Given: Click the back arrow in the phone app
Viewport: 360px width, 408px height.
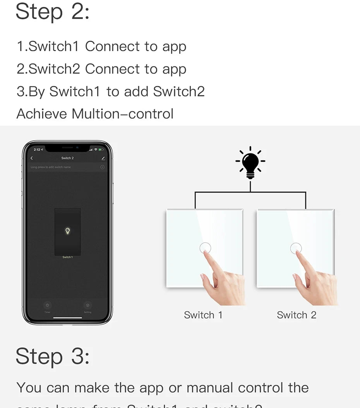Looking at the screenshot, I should click(x=32, y=158).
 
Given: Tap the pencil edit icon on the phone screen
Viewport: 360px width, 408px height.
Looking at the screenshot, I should click(x=103, y=158).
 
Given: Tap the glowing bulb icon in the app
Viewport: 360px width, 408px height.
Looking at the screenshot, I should click(x=67, y=231).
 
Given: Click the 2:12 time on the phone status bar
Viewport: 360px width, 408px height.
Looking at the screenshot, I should click(x=37, y=150).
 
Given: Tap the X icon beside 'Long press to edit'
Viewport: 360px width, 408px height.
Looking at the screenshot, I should click(x=102, y=167).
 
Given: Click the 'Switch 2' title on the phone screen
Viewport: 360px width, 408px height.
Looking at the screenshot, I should click(x=67, y=158).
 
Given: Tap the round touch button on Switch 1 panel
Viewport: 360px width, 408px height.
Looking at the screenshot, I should click(x=205, y=248).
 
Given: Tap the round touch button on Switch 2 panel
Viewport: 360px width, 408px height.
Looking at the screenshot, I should click(x=296, y=248).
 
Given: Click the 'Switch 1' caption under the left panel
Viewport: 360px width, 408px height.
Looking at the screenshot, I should click(x=203, y=315).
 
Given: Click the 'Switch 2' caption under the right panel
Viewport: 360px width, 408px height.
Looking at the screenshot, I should click(x=297, y=315).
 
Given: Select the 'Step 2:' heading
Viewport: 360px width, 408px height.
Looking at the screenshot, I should click(x=53, y=12).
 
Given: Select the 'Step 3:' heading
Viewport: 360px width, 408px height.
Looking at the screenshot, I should click(x=53, y=356).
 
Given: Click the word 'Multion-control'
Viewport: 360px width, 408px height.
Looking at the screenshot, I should click(x=122, y=114).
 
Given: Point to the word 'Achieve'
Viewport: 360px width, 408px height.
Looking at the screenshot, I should click(x=42, y=114).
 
